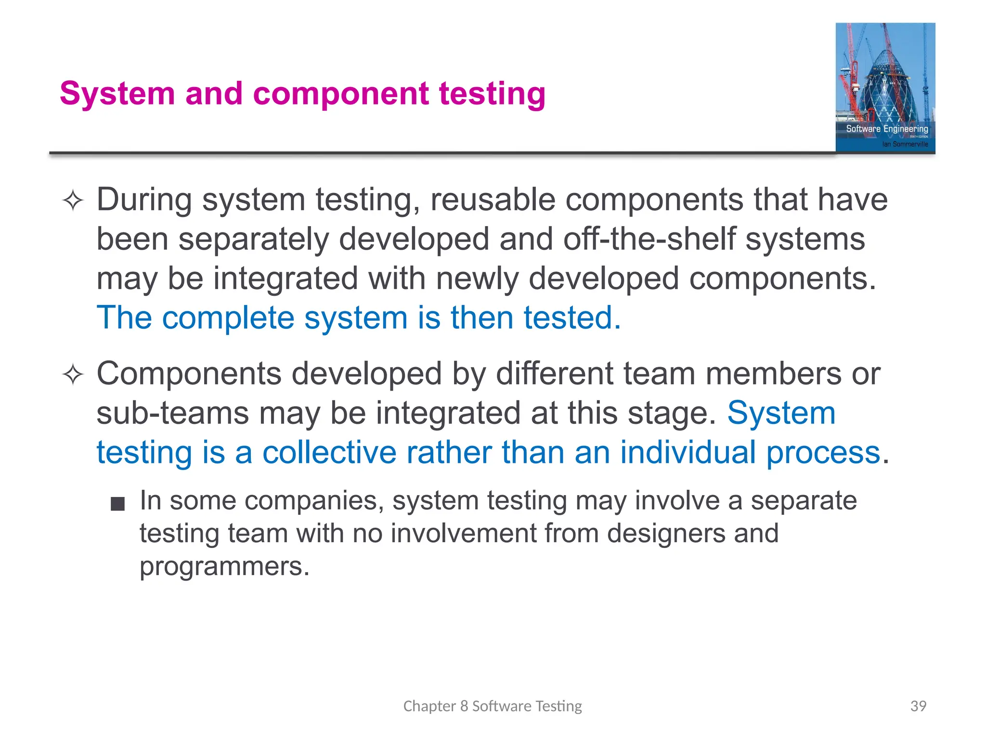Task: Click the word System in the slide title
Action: tap(117, 93)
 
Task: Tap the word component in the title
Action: tap(340, 93)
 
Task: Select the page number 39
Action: tap(918, 706)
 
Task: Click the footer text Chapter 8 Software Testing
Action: tap(493, 706)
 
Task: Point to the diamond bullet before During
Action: tap(73, 200)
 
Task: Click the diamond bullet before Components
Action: tap(73, 374)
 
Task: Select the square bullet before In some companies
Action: tap(117, 504)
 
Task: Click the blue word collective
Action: tap(329, 453)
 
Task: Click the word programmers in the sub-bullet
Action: tap(224, 566)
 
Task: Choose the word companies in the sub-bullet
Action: tap(314, 501)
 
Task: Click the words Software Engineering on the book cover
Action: tap(887, 128)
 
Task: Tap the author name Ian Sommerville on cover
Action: tap(905, 144)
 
